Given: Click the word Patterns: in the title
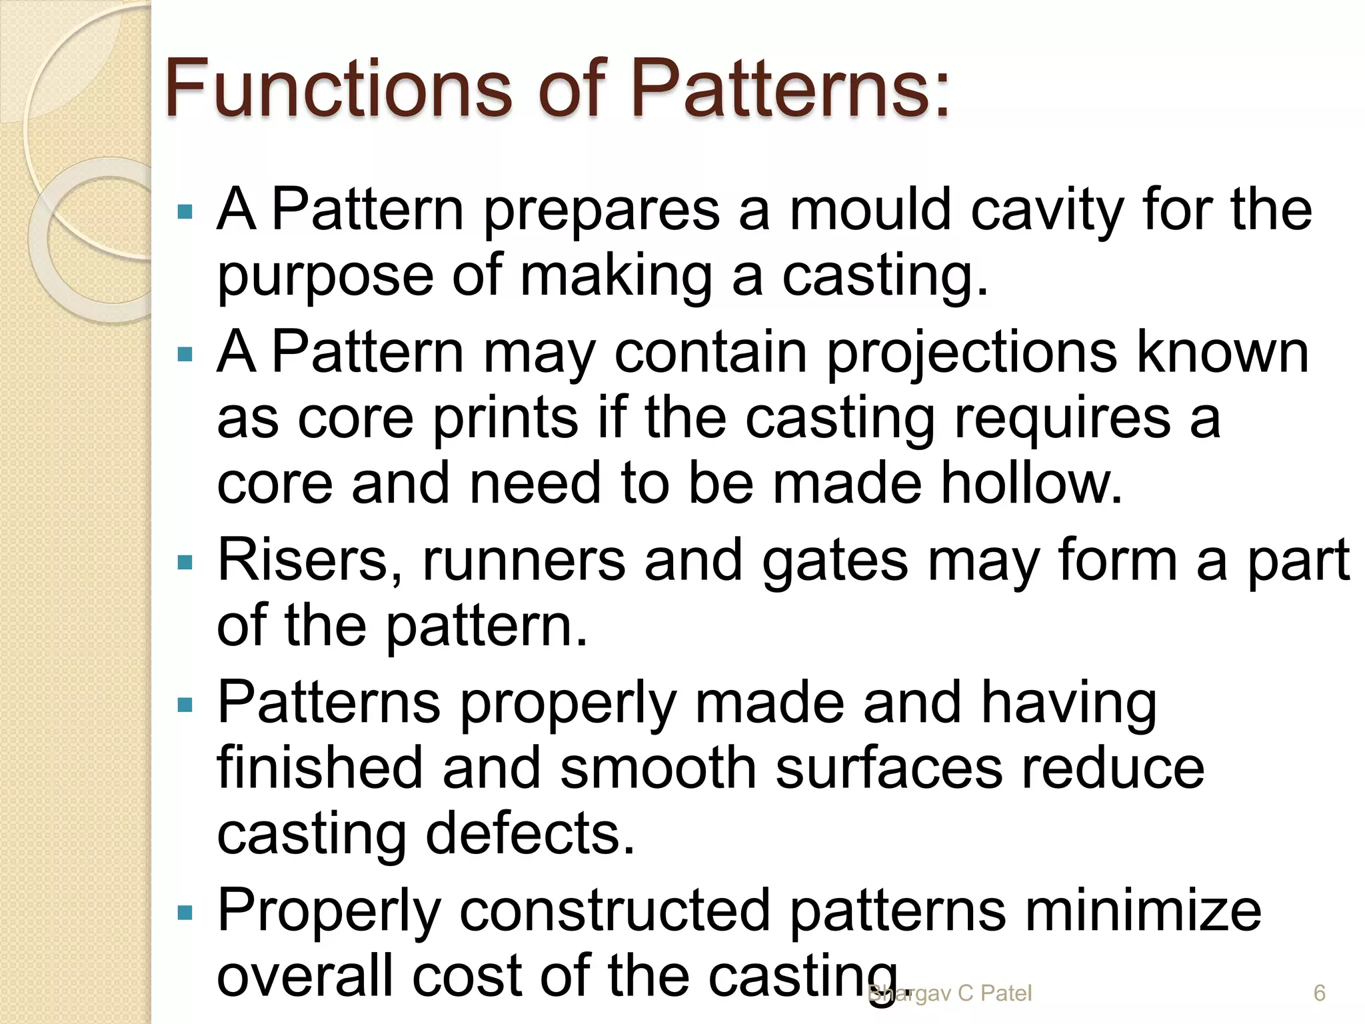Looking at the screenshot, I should pos(790,89).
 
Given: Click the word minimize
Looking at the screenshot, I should pos(1142,911).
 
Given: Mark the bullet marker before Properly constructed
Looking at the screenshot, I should pos(185,912).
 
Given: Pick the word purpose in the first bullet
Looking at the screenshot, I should pos(325,277).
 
